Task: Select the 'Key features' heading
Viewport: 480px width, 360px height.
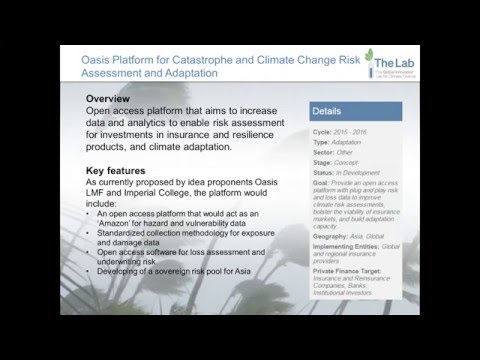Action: point(121,171)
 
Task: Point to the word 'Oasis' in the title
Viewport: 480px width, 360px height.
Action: point(101,62)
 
